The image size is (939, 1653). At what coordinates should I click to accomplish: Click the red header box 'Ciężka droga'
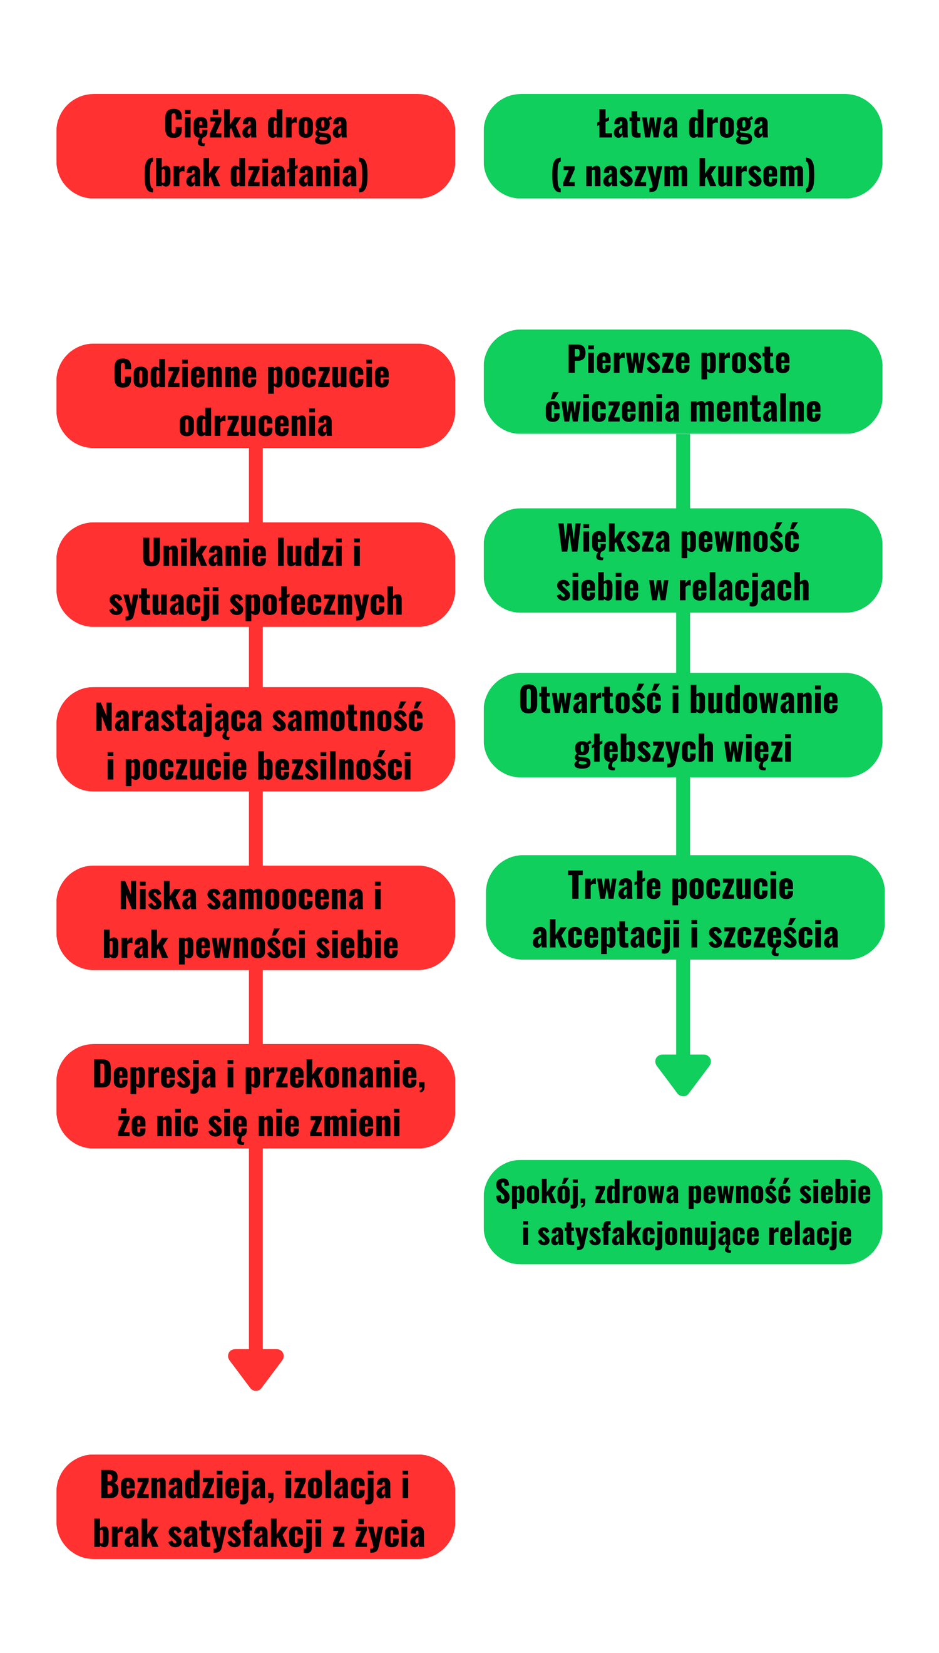coord(255,147)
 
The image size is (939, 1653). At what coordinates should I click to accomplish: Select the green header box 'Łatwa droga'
coord(682,147)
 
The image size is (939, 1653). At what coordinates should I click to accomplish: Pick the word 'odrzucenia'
coord(255,423)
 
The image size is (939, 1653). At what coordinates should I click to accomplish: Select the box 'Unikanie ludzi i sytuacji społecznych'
coord(255,574)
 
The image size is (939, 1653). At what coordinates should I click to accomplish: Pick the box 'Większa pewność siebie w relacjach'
coord(682,560)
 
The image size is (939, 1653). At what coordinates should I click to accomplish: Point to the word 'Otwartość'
coord(590,700)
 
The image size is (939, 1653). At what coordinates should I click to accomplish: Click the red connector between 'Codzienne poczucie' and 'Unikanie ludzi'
coord(255,485)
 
